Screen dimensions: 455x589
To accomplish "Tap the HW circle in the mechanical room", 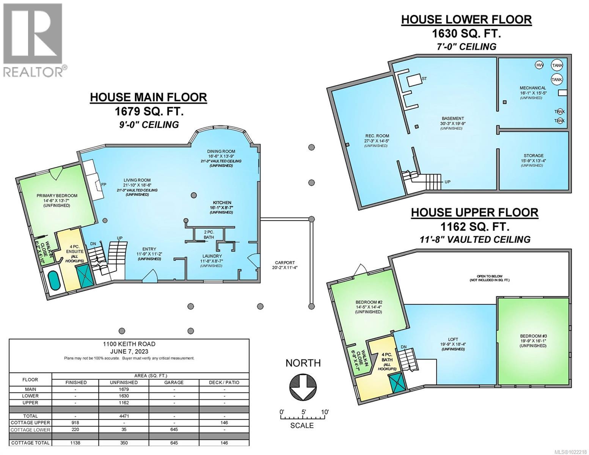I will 539,65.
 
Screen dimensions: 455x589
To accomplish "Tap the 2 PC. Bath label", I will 209,235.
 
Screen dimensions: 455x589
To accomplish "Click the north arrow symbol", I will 303,388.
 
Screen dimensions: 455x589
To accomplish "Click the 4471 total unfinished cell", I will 124,416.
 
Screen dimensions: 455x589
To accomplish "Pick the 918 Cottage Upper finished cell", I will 76,422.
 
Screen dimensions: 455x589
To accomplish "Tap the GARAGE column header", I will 174,382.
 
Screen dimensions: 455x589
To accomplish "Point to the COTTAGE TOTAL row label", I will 30,443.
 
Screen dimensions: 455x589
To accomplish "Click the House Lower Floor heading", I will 466,20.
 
